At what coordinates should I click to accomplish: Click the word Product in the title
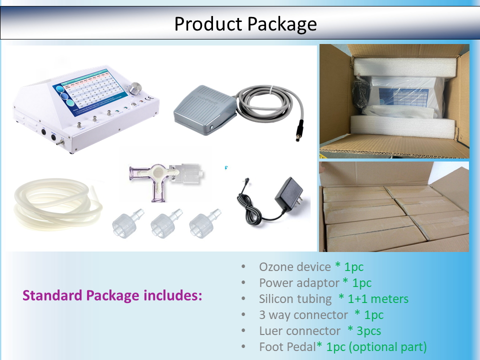click(x=208, y=24)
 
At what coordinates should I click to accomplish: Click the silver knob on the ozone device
click(x=135, y=88)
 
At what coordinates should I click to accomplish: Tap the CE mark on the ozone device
click(x=149, y=98)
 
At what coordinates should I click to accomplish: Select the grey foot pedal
click(x=204, y=109)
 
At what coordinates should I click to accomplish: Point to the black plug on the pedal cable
click(x=299, y=130)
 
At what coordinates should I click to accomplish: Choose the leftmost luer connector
click(x=127, y=224)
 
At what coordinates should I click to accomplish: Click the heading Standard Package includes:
click(x=112, y=295)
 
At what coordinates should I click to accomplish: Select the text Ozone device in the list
click(x=295, y=267)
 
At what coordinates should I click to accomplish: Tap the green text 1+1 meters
click(x=378, y=299)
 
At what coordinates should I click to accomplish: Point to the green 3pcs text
click(x=368, y=331)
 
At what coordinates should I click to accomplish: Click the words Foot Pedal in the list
click(x=287, y=347)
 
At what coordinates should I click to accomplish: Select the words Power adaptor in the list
click(x=299, y=283)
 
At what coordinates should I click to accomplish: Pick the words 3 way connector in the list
click(x=303, y=315)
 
